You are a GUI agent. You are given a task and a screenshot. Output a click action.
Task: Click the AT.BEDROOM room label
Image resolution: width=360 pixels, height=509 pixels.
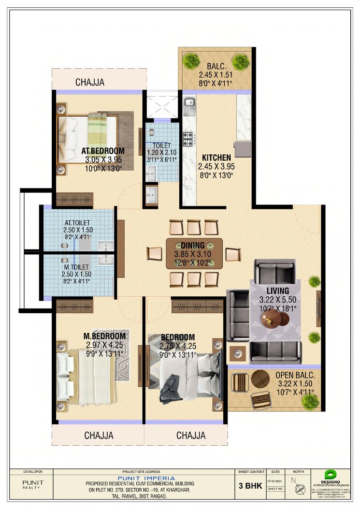point(103,151)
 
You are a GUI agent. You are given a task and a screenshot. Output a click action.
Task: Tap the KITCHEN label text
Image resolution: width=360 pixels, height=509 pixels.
point(216,158)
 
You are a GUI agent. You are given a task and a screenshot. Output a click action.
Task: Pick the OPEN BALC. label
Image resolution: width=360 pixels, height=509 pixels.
point(295,375)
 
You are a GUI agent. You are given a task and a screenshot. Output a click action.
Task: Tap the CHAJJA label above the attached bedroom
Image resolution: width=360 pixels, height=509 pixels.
point(89,82)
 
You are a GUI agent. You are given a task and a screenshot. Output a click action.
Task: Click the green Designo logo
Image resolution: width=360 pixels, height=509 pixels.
point(330,474)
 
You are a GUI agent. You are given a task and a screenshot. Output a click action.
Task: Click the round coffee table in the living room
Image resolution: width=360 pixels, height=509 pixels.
point(271,318)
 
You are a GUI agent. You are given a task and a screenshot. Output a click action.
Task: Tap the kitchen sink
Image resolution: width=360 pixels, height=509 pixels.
point(189,103)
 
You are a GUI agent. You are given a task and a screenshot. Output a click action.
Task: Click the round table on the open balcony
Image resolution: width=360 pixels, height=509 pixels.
point(260,379)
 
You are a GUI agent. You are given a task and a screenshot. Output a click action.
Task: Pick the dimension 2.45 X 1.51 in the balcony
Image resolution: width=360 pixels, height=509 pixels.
point(216,75)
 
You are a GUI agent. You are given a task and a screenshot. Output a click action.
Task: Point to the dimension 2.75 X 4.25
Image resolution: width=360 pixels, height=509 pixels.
point(178,346)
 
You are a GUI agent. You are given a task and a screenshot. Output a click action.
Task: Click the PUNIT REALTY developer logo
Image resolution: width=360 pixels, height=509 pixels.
point(33,485)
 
